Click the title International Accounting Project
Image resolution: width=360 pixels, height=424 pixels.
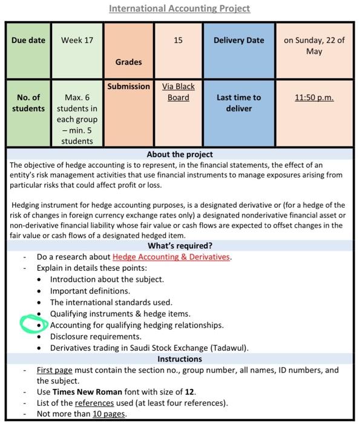[179, 8]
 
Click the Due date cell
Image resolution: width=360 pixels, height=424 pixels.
[28, 41]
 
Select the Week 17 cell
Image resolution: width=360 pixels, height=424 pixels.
[77, 41]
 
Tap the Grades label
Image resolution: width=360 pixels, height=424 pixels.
[128, 62]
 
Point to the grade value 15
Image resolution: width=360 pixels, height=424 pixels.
[178, 41]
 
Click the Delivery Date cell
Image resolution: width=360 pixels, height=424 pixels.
[238, 41]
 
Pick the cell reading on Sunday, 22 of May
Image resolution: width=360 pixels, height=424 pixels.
[314, 46]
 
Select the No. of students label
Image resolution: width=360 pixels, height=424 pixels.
[28, 103]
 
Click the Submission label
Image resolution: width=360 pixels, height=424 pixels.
[128, 87]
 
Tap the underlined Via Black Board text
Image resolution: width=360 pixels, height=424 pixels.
[178, 92]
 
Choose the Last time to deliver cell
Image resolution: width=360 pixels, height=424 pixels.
[238, 103]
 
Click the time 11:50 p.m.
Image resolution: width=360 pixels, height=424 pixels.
[314, 98]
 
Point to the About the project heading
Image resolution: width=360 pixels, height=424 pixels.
[180, 154]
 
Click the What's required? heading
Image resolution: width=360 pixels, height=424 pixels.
[180, 246]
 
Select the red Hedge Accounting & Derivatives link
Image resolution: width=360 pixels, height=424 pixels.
[171, 257]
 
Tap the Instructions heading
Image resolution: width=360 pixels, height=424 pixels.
[180, 359]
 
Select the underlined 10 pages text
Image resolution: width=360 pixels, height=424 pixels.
[109, 414]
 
